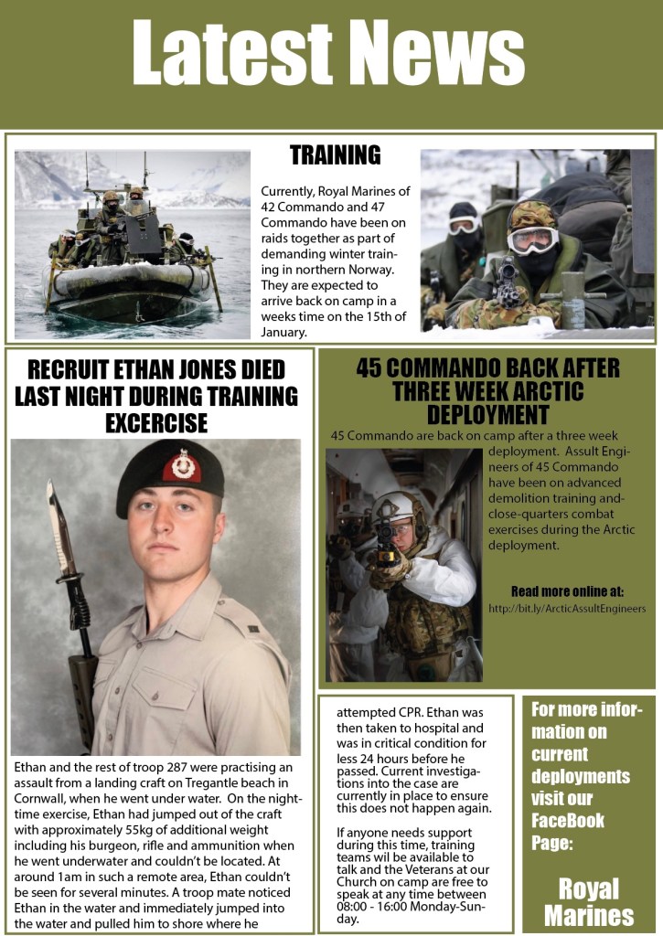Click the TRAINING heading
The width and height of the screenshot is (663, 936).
tap(335, 155)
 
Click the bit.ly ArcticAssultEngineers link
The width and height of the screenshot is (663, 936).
tap(567, 608)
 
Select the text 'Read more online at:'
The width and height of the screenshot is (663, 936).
tap(567, 590)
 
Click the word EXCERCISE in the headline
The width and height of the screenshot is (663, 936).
tap(156, 423)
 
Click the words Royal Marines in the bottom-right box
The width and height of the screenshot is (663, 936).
tap(589, 902)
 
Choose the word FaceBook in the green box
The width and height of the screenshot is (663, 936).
tap(568, 820)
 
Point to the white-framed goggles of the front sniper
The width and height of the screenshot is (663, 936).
tap(532, 239)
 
